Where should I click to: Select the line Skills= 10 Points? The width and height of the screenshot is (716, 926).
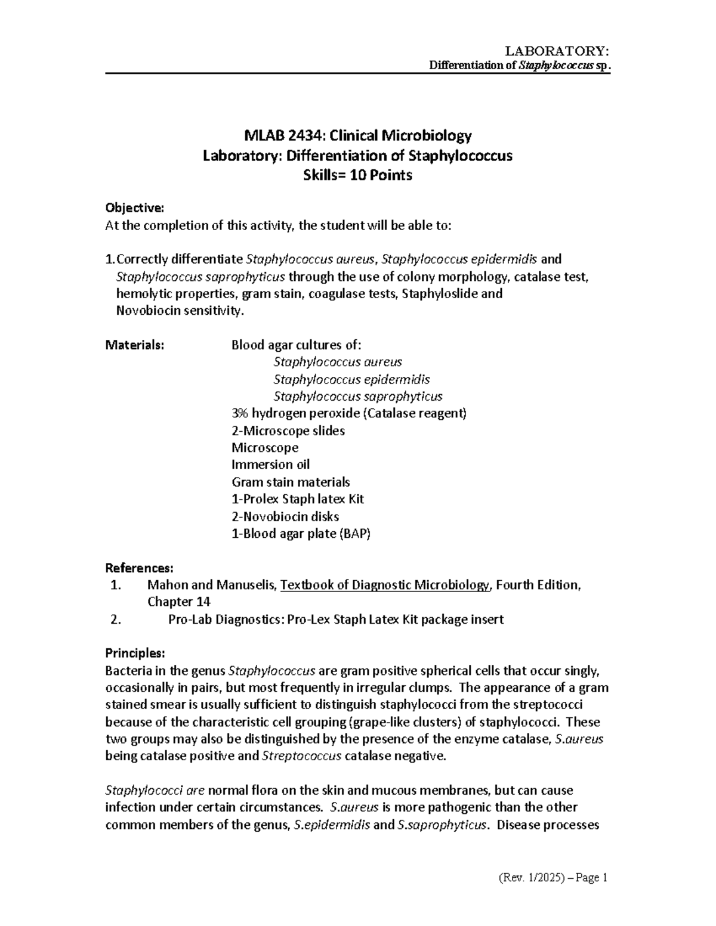point(357,175)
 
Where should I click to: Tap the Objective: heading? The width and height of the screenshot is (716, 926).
point(134,208)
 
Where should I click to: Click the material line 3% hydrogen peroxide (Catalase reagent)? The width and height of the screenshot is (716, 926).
point(348,413)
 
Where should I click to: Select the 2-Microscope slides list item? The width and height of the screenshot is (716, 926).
point(288,431)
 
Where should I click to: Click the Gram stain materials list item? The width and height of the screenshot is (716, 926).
point(291,482)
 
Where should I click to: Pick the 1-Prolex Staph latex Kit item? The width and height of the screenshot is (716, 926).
point(297,499)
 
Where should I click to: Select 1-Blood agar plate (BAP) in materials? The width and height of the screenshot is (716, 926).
point(301,534)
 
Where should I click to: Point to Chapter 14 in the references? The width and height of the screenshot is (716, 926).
point(178,602)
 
